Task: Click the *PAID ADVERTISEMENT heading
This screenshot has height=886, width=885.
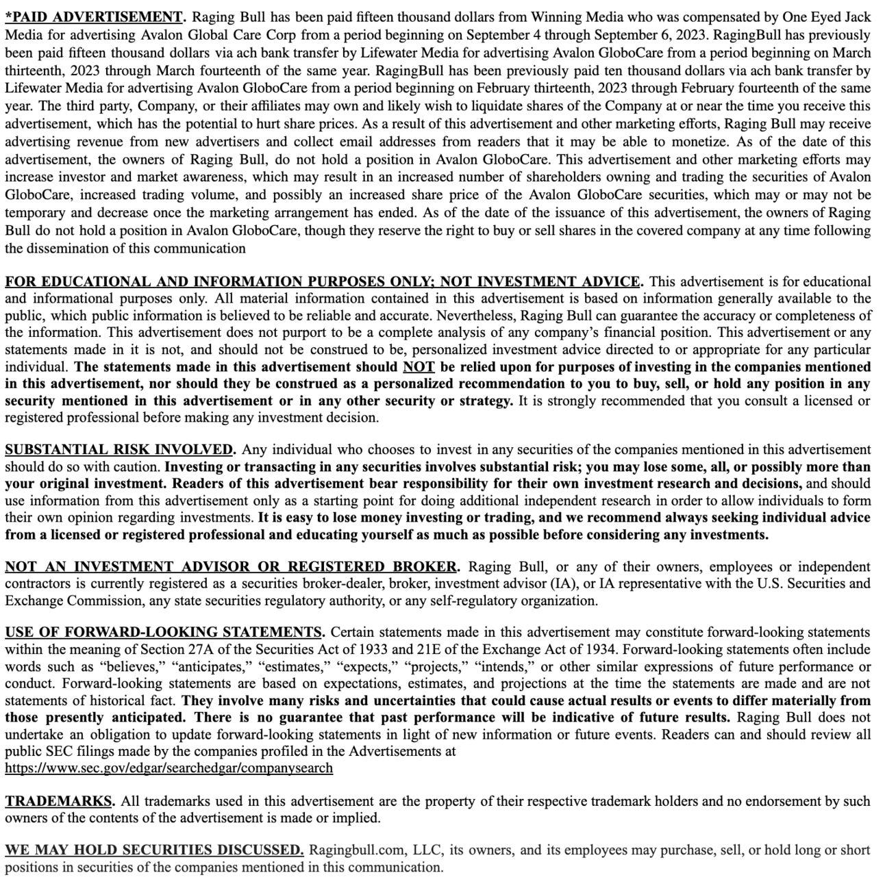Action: point(95,16)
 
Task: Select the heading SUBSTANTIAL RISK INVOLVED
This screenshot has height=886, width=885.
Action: point(119,450)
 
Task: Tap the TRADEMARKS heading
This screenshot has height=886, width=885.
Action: point(59,801)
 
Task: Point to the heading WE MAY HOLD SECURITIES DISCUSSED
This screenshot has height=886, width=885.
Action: point(153,850)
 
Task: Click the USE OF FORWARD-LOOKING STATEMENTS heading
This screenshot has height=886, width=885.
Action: point(164,632)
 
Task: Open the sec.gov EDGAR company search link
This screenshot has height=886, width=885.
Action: point(169,768)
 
